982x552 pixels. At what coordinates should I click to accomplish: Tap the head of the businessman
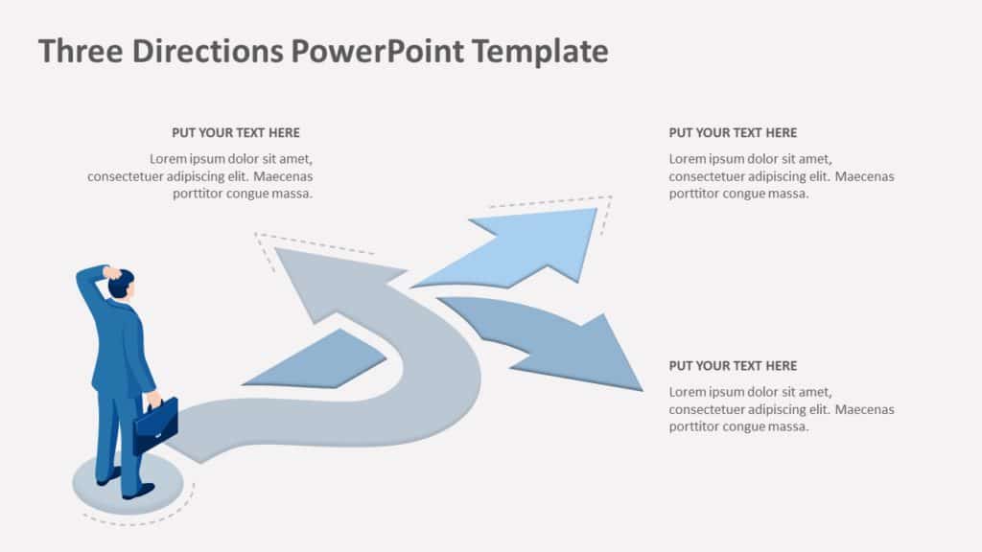tap(121, 285)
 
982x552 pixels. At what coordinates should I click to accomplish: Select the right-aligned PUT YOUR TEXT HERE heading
tap(235, 133)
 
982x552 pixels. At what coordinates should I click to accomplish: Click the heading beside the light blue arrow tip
tap(733, 133)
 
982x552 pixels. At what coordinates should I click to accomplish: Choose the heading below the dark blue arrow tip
tap(733, 366)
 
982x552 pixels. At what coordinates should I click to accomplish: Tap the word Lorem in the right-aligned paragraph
tap(169, 159)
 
